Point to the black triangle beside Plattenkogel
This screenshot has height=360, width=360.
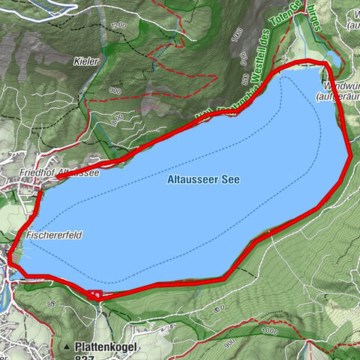(x=67, y=347)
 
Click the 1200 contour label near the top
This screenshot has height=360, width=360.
(x=117, y=26)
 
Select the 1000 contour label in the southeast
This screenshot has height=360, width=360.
(x=268, y=330)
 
